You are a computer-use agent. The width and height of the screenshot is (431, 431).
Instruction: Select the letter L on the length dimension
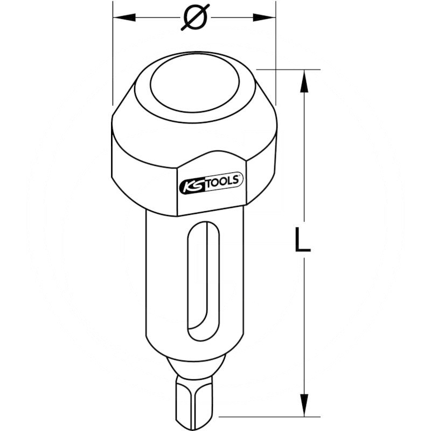pos(303,240)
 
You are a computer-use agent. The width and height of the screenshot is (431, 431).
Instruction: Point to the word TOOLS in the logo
pos(222,183)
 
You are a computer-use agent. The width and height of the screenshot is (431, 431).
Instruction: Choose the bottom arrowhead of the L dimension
pos(304,406)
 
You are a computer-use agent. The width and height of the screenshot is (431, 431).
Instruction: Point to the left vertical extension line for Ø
pos(113,54)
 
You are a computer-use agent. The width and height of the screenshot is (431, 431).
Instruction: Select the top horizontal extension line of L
pos(291,69)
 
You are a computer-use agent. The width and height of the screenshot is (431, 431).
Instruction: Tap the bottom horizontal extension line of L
pos(269,416)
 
